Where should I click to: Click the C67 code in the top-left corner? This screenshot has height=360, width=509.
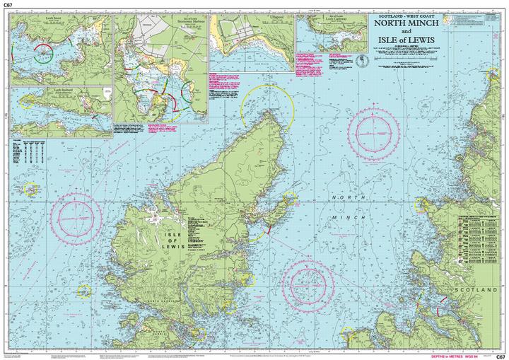8,5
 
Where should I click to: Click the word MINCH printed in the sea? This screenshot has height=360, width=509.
349,218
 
